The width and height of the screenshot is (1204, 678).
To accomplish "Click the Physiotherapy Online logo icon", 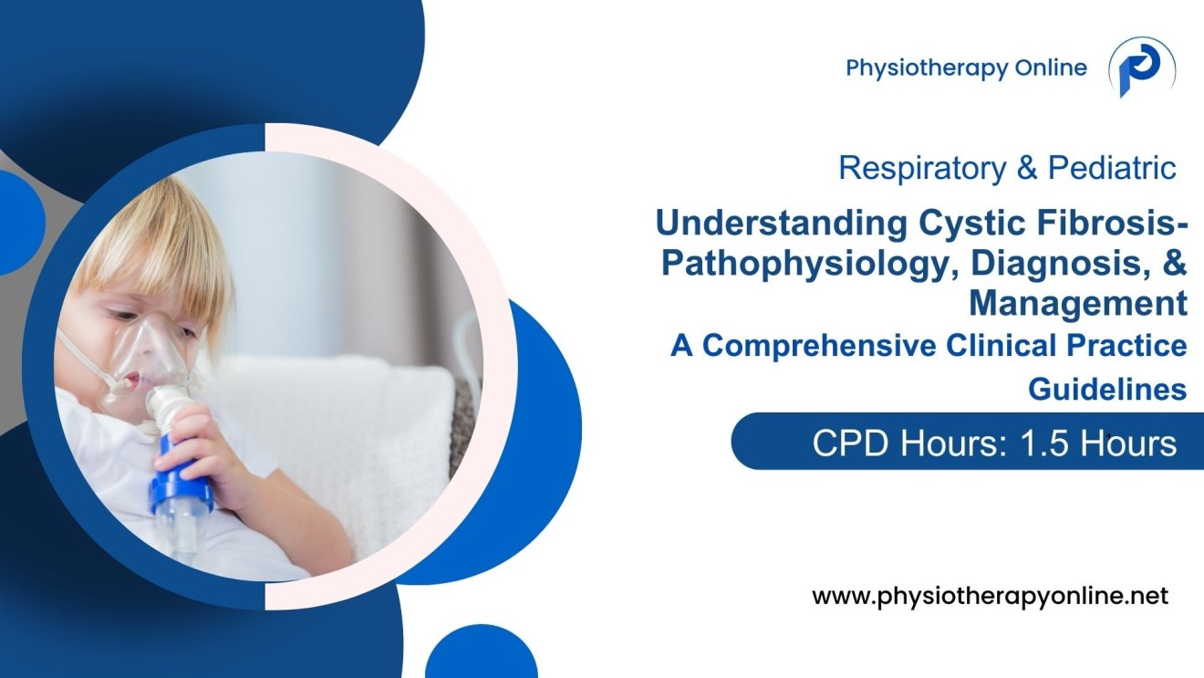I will tap(1141, 68).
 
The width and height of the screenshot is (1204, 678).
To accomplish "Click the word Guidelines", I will tap(1107, 389).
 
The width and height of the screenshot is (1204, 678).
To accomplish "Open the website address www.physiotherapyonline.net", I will tap(990, 597).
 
